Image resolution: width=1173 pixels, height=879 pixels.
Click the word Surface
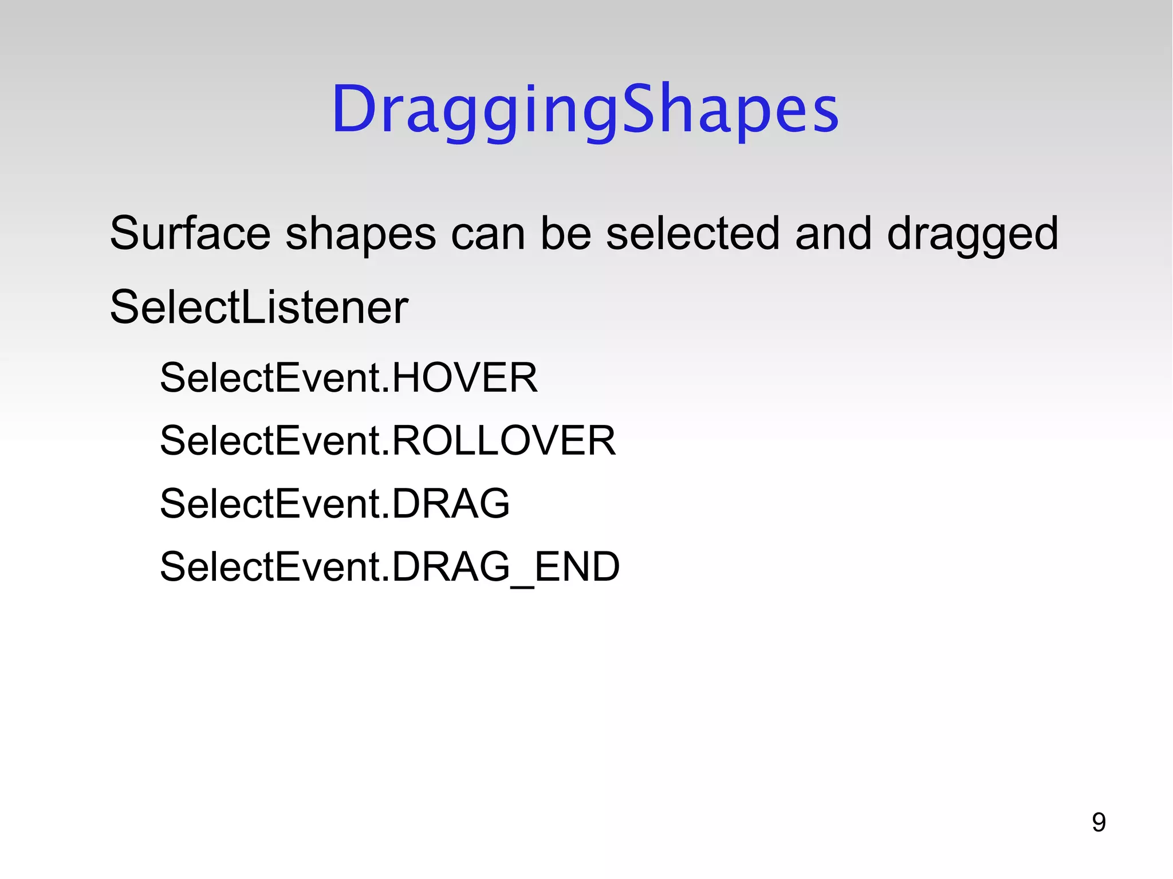(190, 234)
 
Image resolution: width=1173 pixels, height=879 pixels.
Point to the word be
(565, 234)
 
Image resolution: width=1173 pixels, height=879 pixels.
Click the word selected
(692, 234)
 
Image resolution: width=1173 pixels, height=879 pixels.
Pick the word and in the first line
(833, 234)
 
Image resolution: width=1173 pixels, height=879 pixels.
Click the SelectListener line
(259, 308)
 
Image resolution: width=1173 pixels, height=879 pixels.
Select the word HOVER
(465, 378)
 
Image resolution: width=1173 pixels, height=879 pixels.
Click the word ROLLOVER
(503, 441)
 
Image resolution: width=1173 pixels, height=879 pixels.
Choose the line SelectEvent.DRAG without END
(334, 504)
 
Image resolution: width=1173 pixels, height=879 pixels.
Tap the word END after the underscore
(577, 567)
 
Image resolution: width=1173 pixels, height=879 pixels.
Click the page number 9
(1098, 823)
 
